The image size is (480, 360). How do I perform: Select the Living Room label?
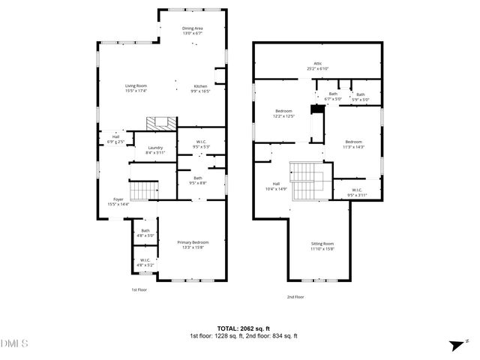(x=136, y=88)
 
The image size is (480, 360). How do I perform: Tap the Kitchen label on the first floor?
(x=200, y=88)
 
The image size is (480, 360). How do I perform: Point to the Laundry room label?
(x=155, y=149)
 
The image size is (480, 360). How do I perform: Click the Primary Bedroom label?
(x=193, y=244)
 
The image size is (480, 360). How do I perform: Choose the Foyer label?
(x=118, y=201)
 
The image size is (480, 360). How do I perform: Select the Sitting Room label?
(x=322, y=246)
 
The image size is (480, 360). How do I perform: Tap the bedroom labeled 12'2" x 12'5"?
(x=283, y=113)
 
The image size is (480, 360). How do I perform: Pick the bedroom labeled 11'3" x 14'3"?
(x=353, y=144)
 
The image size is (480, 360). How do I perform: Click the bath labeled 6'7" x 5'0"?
(x=332, y=96)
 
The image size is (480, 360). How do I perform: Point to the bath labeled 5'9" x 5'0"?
(x=361, y=97)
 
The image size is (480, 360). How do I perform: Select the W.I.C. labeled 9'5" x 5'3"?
(x=201, y=144)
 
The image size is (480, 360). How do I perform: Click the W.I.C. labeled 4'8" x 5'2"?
(x=145, y=262)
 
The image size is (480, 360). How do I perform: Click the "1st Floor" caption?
(x=140, y=289)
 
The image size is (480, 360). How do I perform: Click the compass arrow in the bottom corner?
(x=454, y=345)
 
